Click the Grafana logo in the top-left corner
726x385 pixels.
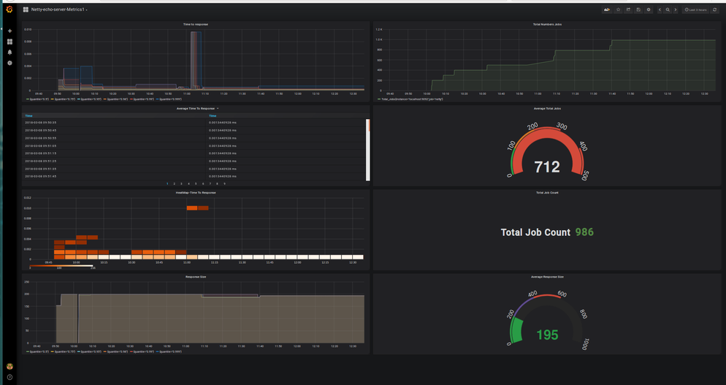[9, 9]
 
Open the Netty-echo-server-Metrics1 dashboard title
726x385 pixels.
[58, 9]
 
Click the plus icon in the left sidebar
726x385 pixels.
[9, 31]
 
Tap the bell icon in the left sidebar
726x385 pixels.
[9, 53]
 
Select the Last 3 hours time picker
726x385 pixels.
[696, 9]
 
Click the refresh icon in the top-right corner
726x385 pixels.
[714, 9]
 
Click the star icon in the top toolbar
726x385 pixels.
[618, 9]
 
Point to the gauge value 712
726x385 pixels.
[547, 167]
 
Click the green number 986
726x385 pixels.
[584, 232]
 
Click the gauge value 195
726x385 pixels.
[547, 335]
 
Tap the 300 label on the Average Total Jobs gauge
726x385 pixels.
[561, 127]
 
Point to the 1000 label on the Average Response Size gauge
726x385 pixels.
[586, 343]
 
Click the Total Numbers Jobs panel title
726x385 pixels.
[547, 24]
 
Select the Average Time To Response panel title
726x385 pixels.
[196, 108]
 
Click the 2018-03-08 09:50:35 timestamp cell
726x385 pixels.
[41, 123]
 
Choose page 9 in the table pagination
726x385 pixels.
[224, 183]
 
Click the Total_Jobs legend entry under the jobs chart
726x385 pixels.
[412, 99]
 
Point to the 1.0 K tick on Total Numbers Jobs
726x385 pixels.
[379, 30]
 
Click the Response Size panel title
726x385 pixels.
[196, 277]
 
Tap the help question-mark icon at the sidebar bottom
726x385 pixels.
[9, 377]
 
